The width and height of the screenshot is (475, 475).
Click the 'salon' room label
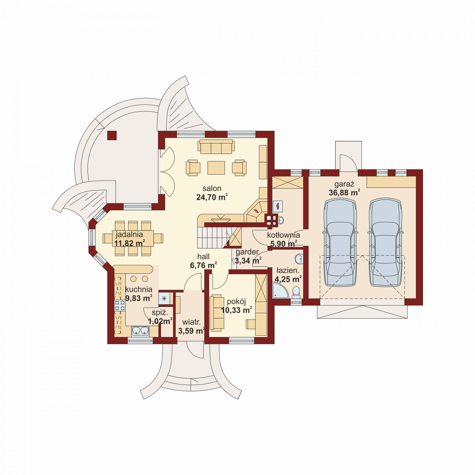212,188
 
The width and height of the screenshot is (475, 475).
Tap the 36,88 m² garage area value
344,193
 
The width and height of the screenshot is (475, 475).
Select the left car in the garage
340,242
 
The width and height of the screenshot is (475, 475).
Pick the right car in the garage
385,242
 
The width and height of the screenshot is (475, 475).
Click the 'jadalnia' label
129,234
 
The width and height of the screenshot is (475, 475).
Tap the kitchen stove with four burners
120,306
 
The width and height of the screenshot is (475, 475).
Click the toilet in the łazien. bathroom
296,292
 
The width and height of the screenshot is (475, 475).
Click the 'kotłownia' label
283,235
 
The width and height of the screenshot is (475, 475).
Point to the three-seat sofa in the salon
216,146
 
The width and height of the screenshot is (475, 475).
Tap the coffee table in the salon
216,168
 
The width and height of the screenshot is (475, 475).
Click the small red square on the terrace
112,135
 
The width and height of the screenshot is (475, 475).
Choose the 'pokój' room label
236,302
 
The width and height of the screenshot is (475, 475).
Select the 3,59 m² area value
192,331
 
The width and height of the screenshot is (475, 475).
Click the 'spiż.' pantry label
160,313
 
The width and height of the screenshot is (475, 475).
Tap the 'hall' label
203,257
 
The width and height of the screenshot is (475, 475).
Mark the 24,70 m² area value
212,197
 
